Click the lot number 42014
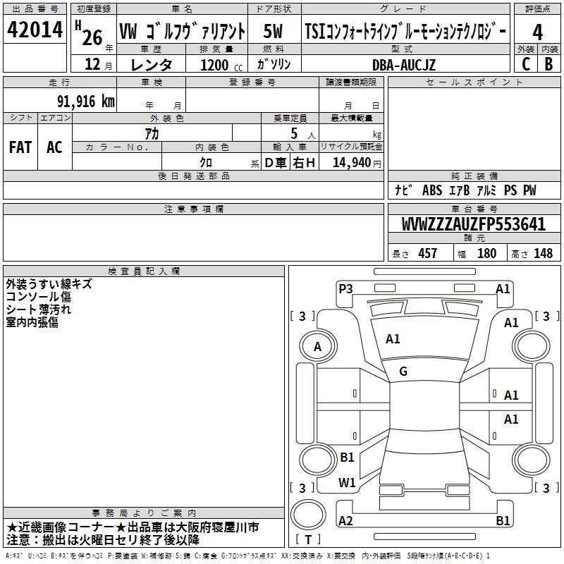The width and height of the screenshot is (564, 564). (x=35, y=30)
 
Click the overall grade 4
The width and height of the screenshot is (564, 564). (x=537, y=32)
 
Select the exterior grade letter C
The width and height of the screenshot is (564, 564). (x=526, y=64)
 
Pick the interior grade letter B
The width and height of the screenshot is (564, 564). (x=548, y=64)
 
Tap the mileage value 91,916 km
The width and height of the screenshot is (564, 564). (x=86, y=102)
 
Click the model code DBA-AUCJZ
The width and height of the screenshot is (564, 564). (x=404, y=65)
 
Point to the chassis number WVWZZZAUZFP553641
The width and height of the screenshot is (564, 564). (x=473, y=224)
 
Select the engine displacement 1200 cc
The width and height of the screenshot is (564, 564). (x=221, y=65)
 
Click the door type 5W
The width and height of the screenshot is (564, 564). (x=273, y=31)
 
